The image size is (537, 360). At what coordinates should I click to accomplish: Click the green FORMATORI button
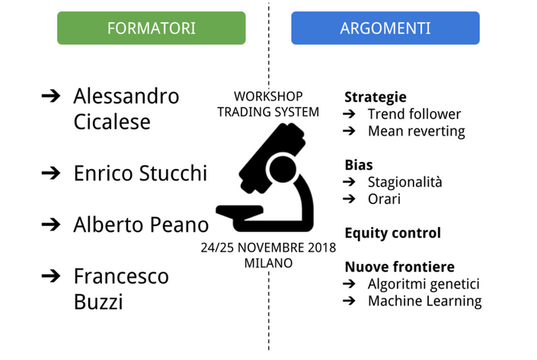tap(152, 28)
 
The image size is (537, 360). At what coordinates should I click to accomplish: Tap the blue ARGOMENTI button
tap(385, 28)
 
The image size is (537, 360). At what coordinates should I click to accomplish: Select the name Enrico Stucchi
tap(140, 173)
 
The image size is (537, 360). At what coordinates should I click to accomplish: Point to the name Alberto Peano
tap(141, 225)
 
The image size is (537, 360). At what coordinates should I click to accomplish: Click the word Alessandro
tap(126, 96)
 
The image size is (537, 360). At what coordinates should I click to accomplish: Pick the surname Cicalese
tap(112, 122)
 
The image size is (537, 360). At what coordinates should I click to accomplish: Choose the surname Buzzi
tap(98, 302)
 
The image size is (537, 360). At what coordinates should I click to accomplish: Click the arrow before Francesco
tap(51, 276)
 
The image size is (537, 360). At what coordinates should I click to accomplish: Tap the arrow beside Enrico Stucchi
tap(51, 173)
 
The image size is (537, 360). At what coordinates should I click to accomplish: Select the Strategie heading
tap(376, 97)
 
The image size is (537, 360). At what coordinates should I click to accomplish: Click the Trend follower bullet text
tap(414, 114)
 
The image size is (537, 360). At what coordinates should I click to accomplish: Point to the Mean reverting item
tap(417, 131)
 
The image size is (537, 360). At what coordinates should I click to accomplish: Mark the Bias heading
tap(359, 165)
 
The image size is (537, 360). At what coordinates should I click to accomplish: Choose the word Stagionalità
tap(404, 182)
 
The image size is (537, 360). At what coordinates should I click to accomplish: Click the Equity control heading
tap(393, 233)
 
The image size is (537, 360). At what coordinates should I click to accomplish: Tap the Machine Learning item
tap(425, 301)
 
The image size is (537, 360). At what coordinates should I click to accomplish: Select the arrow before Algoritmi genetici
tap(349, 284)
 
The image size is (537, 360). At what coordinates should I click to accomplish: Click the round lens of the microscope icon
tap(283, 169)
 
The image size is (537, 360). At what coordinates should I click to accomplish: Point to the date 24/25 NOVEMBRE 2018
tap(268, 248)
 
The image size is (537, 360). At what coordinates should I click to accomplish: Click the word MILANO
tap(268, 263)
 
